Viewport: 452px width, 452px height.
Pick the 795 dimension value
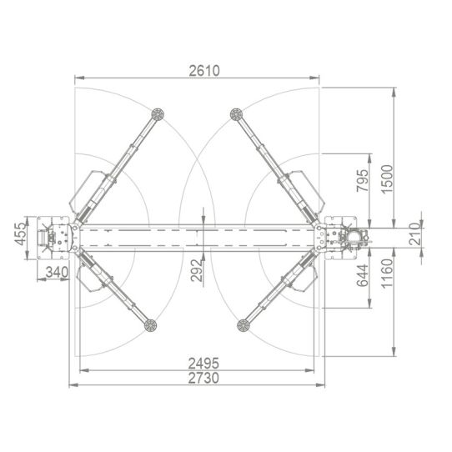[x=362, y=182]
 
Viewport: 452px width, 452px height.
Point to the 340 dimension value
[x=56, y=273]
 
